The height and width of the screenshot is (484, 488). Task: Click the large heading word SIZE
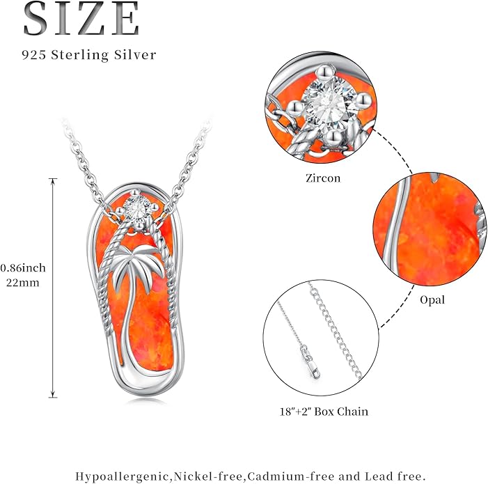[x=81, y=18]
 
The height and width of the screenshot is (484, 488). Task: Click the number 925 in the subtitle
[x=34, y=55]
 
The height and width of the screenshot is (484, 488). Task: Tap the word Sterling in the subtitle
[x=80, y=56]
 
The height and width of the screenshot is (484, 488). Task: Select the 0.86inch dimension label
[x=23, y=268]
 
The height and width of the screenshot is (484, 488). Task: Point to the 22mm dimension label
[x=23, y=283]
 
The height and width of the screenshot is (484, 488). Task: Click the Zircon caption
[x=323, y=178]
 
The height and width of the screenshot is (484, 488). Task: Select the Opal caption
[x=432, y=300]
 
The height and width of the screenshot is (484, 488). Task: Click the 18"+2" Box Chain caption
[x=324, y=412]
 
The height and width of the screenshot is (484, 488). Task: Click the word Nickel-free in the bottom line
[x=209, y=476]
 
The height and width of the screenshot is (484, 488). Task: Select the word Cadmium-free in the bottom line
[x=291, y=476]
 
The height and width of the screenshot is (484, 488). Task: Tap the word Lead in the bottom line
[x=380, y=476]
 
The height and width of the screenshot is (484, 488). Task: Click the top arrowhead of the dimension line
[x=53, y=182]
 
